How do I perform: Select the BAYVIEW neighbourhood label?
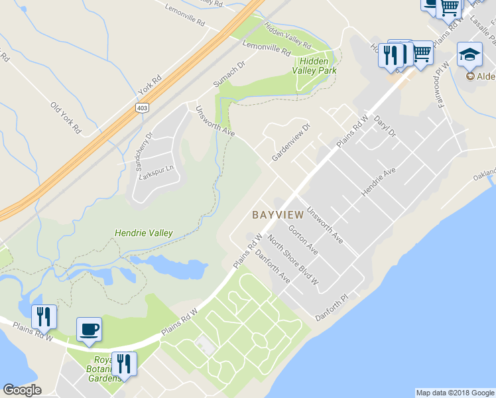[278, 215]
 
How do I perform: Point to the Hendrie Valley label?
[144, 233]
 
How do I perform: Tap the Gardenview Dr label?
[290, 143]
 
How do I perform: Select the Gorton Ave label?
[302, 237]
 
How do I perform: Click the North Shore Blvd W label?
[292, 259]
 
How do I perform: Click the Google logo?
[22, 389]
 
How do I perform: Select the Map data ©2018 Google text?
[454, 393]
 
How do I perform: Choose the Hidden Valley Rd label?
[288, 36]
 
